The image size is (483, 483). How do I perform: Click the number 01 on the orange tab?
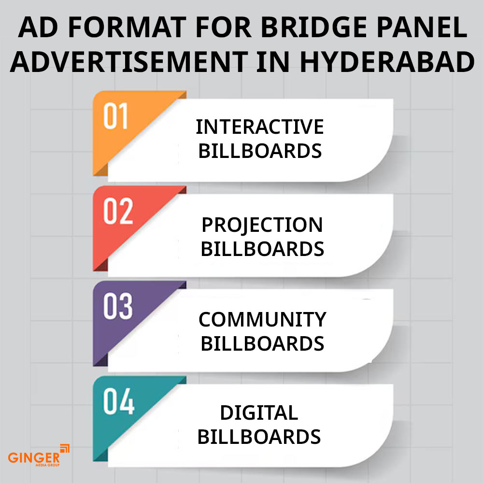115,116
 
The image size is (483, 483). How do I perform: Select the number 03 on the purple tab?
118,307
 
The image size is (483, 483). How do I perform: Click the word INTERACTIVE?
260,127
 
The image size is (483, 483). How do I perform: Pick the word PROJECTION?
262,225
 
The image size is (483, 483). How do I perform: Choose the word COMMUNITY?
262,320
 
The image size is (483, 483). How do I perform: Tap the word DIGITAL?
259,413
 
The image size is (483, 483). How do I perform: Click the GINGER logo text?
34,456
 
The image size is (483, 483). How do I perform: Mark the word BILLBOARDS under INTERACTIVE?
260,151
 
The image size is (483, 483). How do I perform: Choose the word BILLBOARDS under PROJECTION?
262,249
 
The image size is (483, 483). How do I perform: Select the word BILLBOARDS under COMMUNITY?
262,343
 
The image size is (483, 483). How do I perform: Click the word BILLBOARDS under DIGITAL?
259,437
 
